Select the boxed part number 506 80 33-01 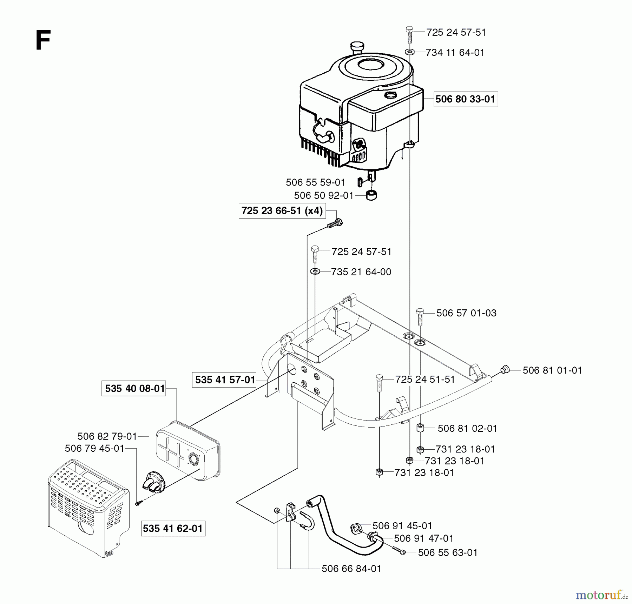[x=466, y=99]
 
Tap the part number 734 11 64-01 [x=455, y=53]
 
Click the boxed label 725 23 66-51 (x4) [x=282, y=211]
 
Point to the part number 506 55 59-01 [x=316, y=182]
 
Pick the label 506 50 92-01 [x=323, y=195]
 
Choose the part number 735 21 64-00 [x=361, y=272]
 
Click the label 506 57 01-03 [x=466, y=313]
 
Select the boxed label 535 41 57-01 [x=225, y=380]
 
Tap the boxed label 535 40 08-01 [x=134, y=389]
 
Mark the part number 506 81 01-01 [x=552, y=370]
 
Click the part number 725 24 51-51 [x=425, y=380]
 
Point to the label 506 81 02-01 [x=467, y=428]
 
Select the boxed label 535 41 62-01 [x=173, y=529]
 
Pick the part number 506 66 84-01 [x=351, y=569]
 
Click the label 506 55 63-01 [x=448, y=553]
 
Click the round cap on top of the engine [x=357, y=47]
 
